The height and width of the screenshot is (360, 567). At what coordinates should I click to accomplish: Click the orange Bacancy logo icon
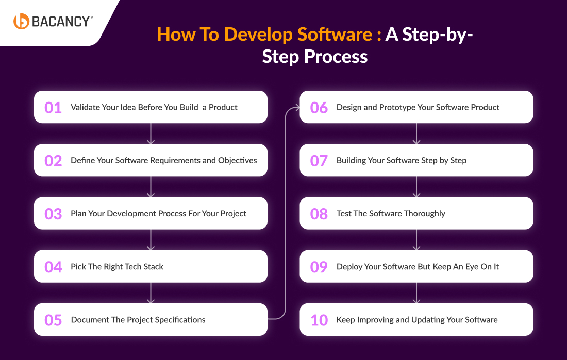21,21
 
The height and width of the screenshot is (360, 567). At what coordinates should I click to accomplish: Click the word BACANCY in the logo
60,22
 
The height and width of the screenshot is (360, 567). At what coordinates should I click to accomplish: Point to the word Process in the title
336,57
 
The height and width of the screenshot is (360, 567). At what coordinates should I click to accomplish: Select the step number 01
53,108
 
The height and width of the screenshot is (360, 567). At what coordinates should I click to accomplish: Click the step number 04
53,267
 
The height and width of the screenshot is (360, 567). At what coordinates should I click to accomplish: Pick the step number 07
319,161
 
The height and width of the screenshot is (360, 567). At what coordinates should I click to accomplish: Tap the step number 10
319,320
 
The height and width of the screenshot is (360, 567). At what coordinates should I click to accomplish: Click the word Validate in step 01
85,107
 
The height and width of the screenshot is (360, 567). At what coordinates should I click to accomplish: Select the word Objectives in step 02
237,161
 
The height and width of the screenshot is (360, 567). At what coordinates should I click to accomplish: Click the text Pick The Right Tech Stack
117,267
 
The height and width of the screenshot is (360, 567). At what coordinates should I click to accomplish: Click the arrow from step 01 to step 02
151,133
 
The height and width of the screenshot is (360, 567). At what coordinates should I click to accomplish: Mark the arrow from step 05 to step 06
286,213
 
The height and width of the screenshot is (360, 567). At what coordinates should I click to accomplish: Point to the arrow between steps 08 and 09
416,239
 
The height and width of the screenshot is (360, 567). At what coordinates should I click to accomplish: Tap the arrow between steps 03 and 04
151,239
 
